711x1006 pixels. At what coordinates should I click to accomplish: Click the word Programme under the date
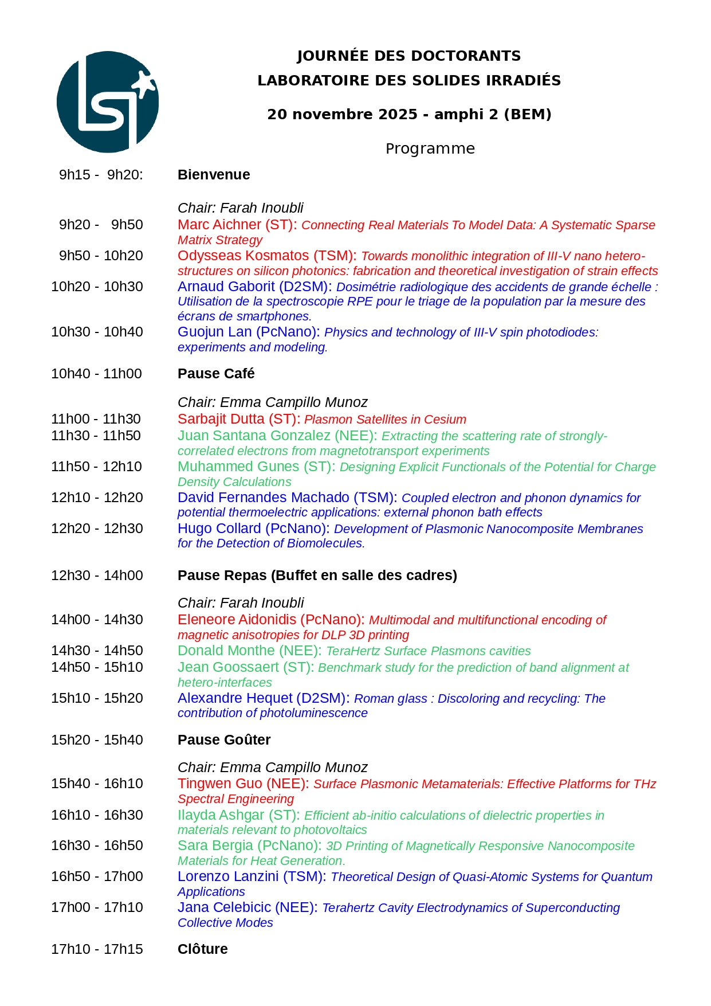(430, 148)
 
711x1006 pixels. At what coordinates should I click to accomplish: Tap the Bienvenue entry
(214, 175)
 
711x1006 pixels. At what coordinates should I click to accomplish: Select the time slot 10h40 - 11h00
(97, 374)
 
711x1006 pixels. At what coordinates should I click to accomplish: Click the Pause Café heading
(216, 374)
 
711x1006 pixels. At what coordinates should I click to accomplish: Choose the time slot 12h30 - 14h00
(97, 576)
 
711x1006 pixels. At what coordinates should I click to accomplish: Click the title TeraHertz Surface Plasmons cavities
(428, 651)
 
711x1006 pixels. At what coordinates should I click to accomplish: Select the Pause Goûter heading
(224, 740)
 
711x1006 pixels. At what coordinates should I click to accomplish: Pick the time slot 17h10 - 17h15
(97, 949)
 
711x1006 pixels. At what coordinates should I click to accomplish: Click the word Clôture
(202, 949)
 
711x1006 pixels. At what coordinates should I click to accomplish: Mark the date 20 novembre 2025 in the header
(342, 114)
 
